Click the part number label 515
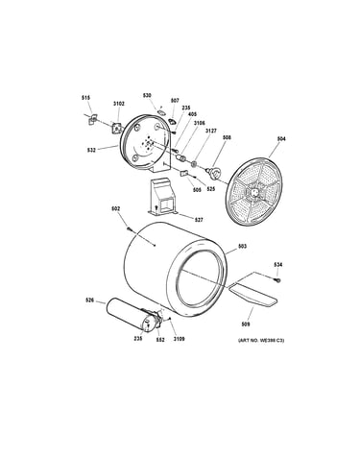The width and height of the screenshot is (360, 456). (x=85, y=98)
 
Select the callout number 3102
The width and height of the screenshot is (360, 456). (x=119, y=104)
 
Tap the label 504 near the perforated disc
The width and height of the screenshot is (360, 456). (x=281, y=139)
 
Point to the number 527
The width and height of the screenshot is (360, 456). (x=198, y=220)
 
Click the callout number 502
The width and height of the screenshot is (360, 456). (x=115, y=208)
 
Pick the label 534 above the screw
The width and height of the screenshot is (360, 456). (x=277, y=265)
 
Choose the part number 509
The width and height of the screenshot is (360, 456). (x=246, y=324)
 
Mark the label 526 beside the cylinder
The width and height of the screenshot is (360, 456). (x=89, y=300)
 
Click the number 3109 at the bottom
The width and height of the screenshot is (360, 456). (x=179, y=339)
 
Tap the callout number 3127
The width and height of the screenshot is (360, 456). (x=211, y=131)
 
